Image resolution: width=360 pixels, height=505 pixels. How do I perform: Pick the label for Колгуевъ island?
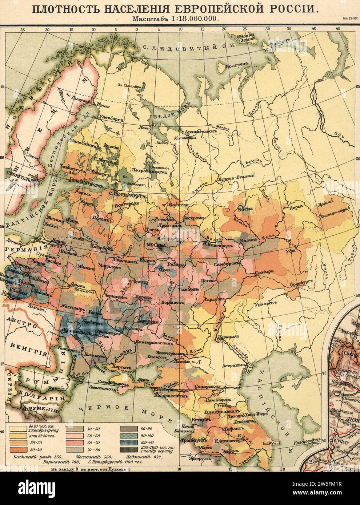click(237, 66)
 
